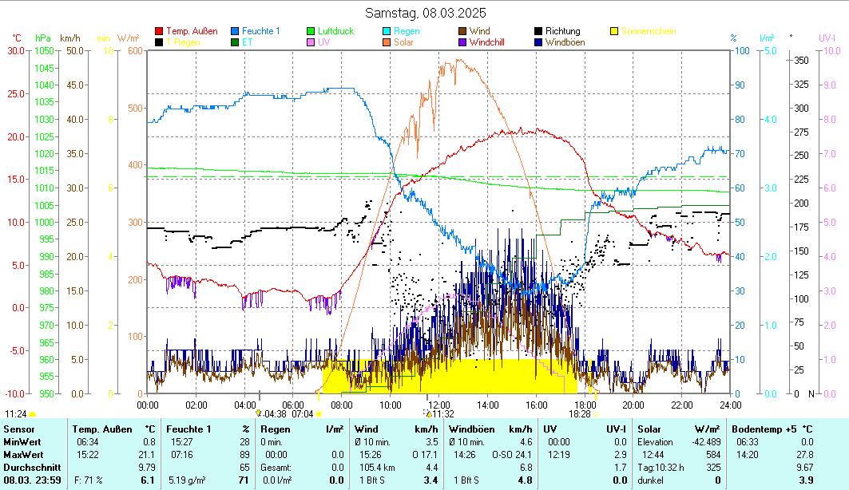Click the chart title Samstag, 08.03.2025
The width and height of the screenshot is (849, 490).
pos(425,13)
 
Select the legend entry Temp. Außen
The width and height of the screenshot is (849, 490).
pos(191,31)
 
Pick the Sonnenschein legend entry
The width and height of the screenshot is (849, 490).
pos(648,31)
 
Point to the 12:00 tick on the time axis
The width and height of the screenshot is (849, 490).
pos(438,405)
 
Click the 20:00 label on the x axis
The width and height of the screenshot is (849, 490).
pos(633,405)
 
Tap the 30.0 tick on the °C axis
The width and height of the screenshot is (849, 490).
pos(15,50)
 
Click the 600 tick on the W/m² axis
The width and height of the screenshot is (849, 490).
pos(133,50)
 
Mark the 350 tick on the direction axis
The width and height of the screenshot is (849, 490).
pos(800,60)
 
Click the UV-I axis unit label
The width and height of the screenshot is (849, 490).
pos(827,38)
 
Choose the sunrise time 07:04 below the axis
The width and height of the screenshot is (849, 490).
pos(303,414)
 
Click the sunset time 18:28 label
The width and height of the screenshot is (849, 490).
pos(579,414)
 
